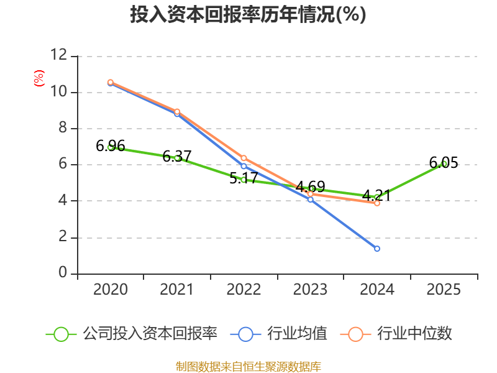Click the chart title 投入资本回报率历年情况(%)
(x=248, y=14)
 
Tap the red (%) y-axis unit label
(x=39, y=79)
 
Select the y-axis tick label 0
(x=63, y=274)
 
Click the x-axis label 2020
(x=111, y=290)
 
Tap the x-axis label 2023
(x=311, y=290)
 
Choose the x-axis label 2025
(x=444, y=290)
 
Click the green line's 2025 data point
(x=444, y=163)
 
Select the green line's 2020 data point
(x=111, y=147)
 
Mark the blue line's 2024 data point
(x=377, y=249)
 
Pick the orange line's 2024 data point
(x=377, y=203)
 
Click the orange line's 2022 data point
(x=244, y=158)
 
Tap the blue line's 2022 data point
(x=244, y=166)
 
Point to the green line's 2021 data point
(x=177, y=158)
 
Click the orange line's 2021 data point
(x=177, y=111)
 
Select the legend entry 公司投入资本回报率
(x=132, y=334)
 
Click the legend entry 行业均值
(x=279, y=334)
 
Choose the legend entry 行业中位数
(x=397, y=334)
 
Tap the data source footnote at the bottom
(x=248, y=366)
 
